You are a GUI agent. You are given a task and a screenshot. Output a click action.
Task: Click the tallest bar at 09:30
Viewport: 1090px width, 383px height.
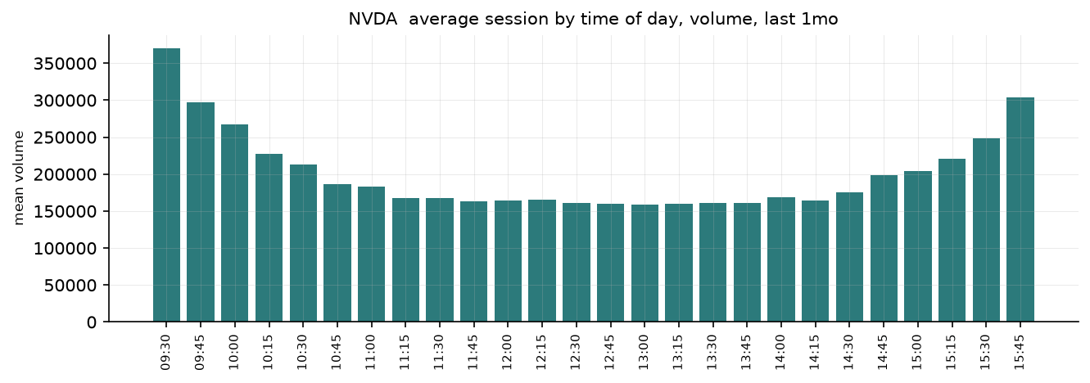click(166, 185)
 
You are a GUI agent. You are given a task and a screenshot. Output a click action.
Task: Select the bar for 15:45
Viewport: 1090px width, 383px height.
click(1020, 210)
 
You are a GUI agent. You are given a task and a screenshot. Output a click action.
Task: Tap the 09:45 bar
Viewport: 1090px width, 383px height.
click(201, 212)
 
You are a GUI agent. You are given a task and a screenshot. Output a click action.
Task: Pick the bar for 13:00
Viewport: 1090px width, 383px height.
click(645, 263)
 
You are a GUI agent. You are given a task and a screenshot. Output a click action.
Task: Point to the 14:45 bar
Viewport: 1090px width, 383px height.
click(884, 248)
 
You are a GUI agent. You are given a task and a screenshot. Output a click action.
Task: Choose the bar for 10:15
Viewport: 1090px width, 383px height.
click(269, 237)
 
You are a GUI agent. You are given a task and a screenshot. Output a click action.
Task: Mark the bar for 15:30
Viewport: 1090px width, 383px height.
click(986, 230)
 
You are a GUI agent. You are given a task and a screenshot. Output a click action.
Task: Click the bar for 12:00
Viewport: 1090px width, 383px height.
click(508, 261)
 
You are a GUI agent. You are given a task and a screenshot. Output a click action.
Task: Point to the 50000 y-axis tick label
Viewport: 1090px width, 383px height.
click(70, 286)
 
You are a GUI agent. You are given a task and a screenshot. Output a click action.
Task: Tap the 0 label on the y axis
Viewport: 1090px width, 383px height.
click(92, 322)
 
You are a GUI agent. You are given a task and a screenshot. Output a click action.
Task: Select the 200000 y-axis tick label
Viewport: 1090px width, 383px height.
click(65, 174)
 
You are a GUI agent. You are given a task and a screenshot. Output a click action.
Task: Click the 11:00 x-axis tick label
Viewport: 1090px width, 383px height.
click(371, 353)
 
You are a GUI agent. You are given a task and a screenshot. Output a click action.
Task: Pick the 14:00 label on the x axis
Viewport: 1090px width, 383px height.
click(780, 353)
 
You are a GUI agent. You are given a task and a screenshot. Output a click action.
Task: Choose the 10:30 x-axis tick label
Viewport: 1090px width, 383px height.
click(303, 353)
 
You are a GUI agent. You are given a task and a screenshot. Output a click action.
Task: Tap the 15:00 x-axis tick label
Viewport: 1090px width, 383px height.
click(917, 353)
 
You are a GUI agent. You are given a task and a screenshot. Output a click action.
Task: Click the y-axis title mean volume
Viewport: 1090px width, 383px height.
click(19, 178)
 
